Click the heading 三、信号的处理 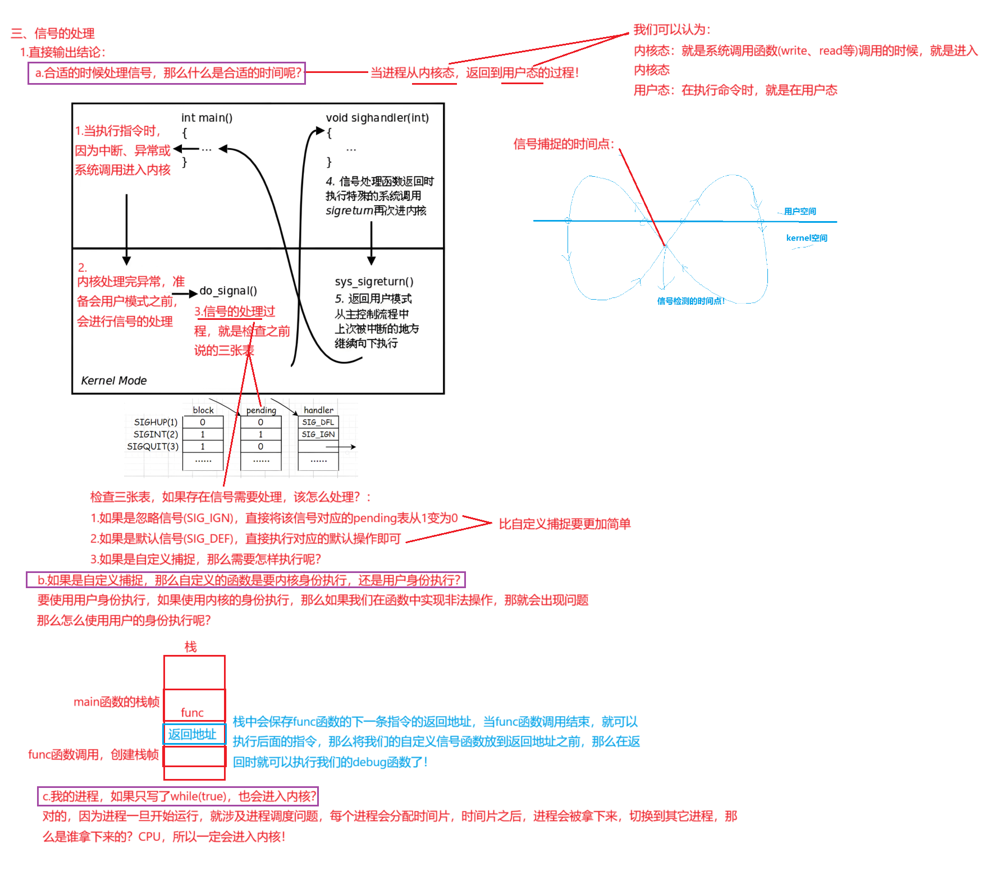pyautogui.click(x=53, y=33)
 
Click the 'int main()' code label pyautogui.click(x=207, y=118)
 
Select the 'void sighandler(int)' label pyautogui.click(x=377, y=118)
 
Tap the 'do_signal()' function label pyautogui.click(x=228, y=291)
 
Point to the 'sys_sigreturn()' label pyautogui.click(x=374, y=281)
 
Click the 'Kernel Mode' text pyautogui.click(x=114, y=380)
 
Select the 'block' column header pyautogui.click(x=203, y=410)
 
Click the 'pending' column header pyautogui.click(x=261, y=410)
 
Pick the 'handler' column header pyautogui.click(x=318, y=410)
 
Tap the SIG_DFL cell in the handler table pyautogui.click(x=318, y=422)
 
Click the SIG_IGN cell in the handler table pyautogui.click(x=318, y=434)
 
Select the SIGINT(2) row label pyautogui.click(x=155, y=434)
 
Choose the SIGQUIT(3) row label pyautogui.click(x=153, y=447)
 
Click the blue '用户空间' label pyautogui.click(x=800, y=212)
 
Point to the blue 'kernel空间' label pyautogui.click(x=807, y=238)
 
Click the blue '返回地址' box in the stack pyautogui.click(x=193, y=734)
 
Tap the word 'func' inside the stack pyautogui.click(x=192, y=713)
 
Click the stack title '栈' pyautogui.click(x=191, y=647)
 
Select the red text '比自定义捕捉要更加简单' pyautogui.click(x=565, y=524)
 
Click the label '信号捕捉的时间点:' pyautogui.click(x=564, y=144)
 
